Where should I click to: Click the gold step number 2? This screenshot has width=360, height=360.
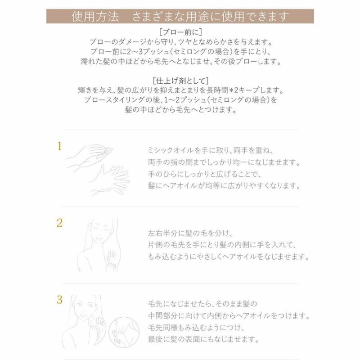59,222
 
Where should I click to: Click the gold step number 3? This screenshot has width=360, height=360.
59,299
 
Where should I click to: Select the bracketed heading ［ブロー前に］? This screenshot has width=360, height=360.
180,32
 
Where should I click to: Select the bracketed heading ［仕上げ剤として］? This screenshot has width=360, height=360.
180,81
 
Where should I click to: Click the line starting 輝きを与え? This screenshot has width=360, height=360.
180,90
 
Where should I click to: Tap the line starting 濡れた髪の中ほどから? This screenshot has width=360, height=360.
180,60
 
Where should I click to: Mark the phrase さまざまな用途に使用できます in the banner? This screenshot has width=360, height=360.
210,17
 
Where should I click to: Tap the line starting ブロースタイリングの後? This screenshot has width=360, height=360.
180,100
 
